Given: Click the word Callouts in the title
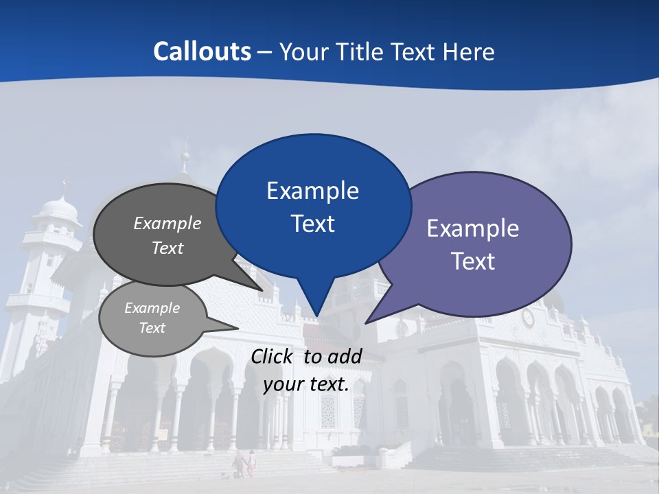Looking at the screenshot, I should click(x=202, y=51).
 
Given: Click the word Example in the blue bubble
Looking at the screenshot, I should click(x=313, y=191).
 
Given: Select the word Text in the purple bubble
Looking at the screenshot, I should click(x=473, y=261).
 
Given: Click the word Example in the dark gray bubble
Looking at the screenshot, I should click(x=167, y=224).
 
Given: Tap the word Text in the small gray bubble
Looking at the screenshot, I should click(x=152, y=328).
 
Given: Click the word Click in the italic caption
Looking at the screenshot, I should click(x=273, y=356).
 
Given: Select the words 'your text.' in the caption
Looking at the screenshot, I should click(x=306, y=385).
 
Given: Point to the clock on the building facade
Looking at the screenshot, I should click(x=528, y=318).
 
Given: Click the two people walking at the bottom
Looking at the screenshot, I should click(x=244, y=464).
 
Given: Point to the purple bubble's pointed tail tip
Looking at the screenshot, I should click(x=367, y=322).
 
